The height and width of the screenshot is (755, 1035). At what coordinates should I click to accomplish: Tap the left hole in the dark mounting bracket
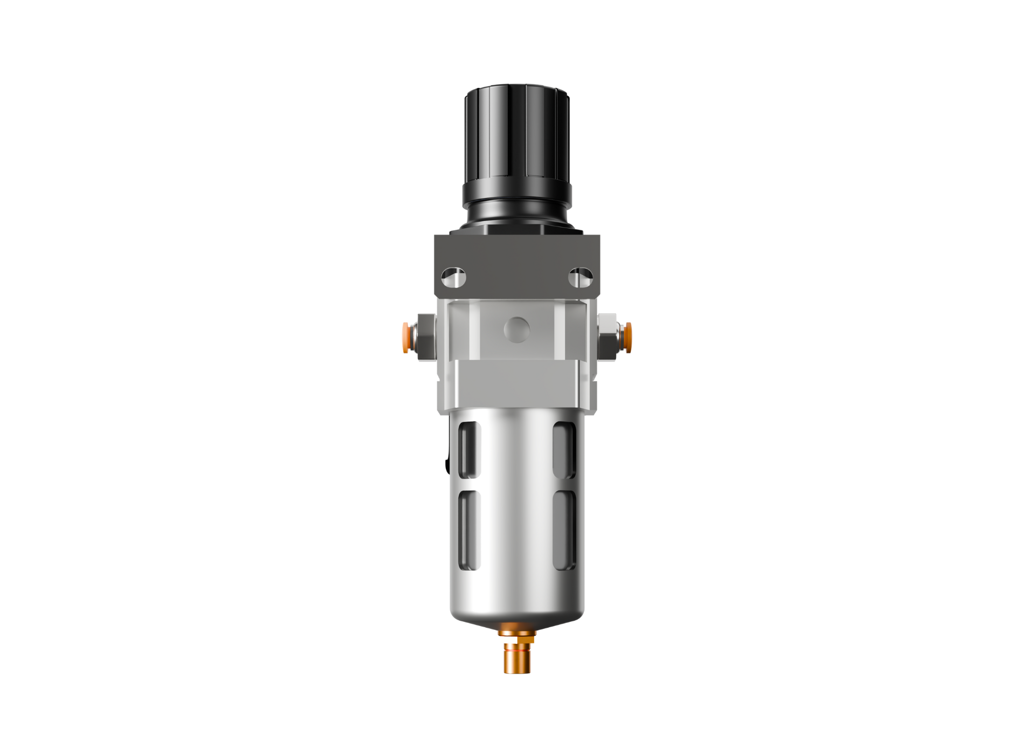[453, 278]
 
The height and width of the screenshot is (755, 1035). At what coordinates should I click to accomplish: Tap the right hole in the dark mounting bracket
[581, 278]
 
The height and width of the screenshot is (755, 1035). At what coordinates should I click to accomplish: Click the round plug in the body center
[517, 330]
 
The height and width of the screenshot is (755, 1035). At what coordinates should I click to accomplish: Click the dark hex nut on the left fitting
[426, 338]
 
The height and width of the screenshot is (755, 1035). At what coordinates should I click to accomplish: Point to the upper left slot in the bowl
[470, 450]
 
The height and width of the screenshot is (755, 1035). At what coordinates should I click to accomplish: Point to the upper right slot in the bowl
[564, 450]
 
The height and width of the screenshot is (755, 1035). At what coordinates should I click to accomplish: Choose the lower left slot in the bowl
[470, 530]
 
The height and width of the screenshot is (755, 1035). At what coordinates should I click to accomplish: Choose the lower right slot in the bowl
[564, 530]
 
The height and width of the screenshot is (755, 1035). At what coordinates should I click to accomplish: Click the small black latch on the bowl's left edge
[447, 464]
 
